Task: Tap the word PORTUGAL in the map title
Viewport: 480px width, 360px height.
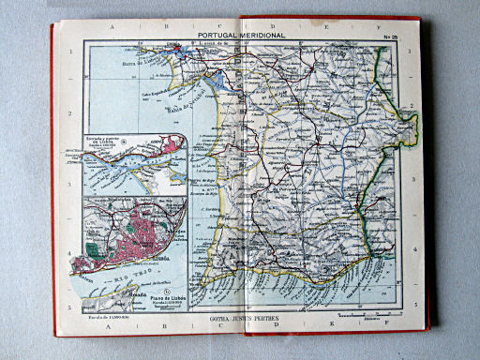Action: (215, 36)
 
